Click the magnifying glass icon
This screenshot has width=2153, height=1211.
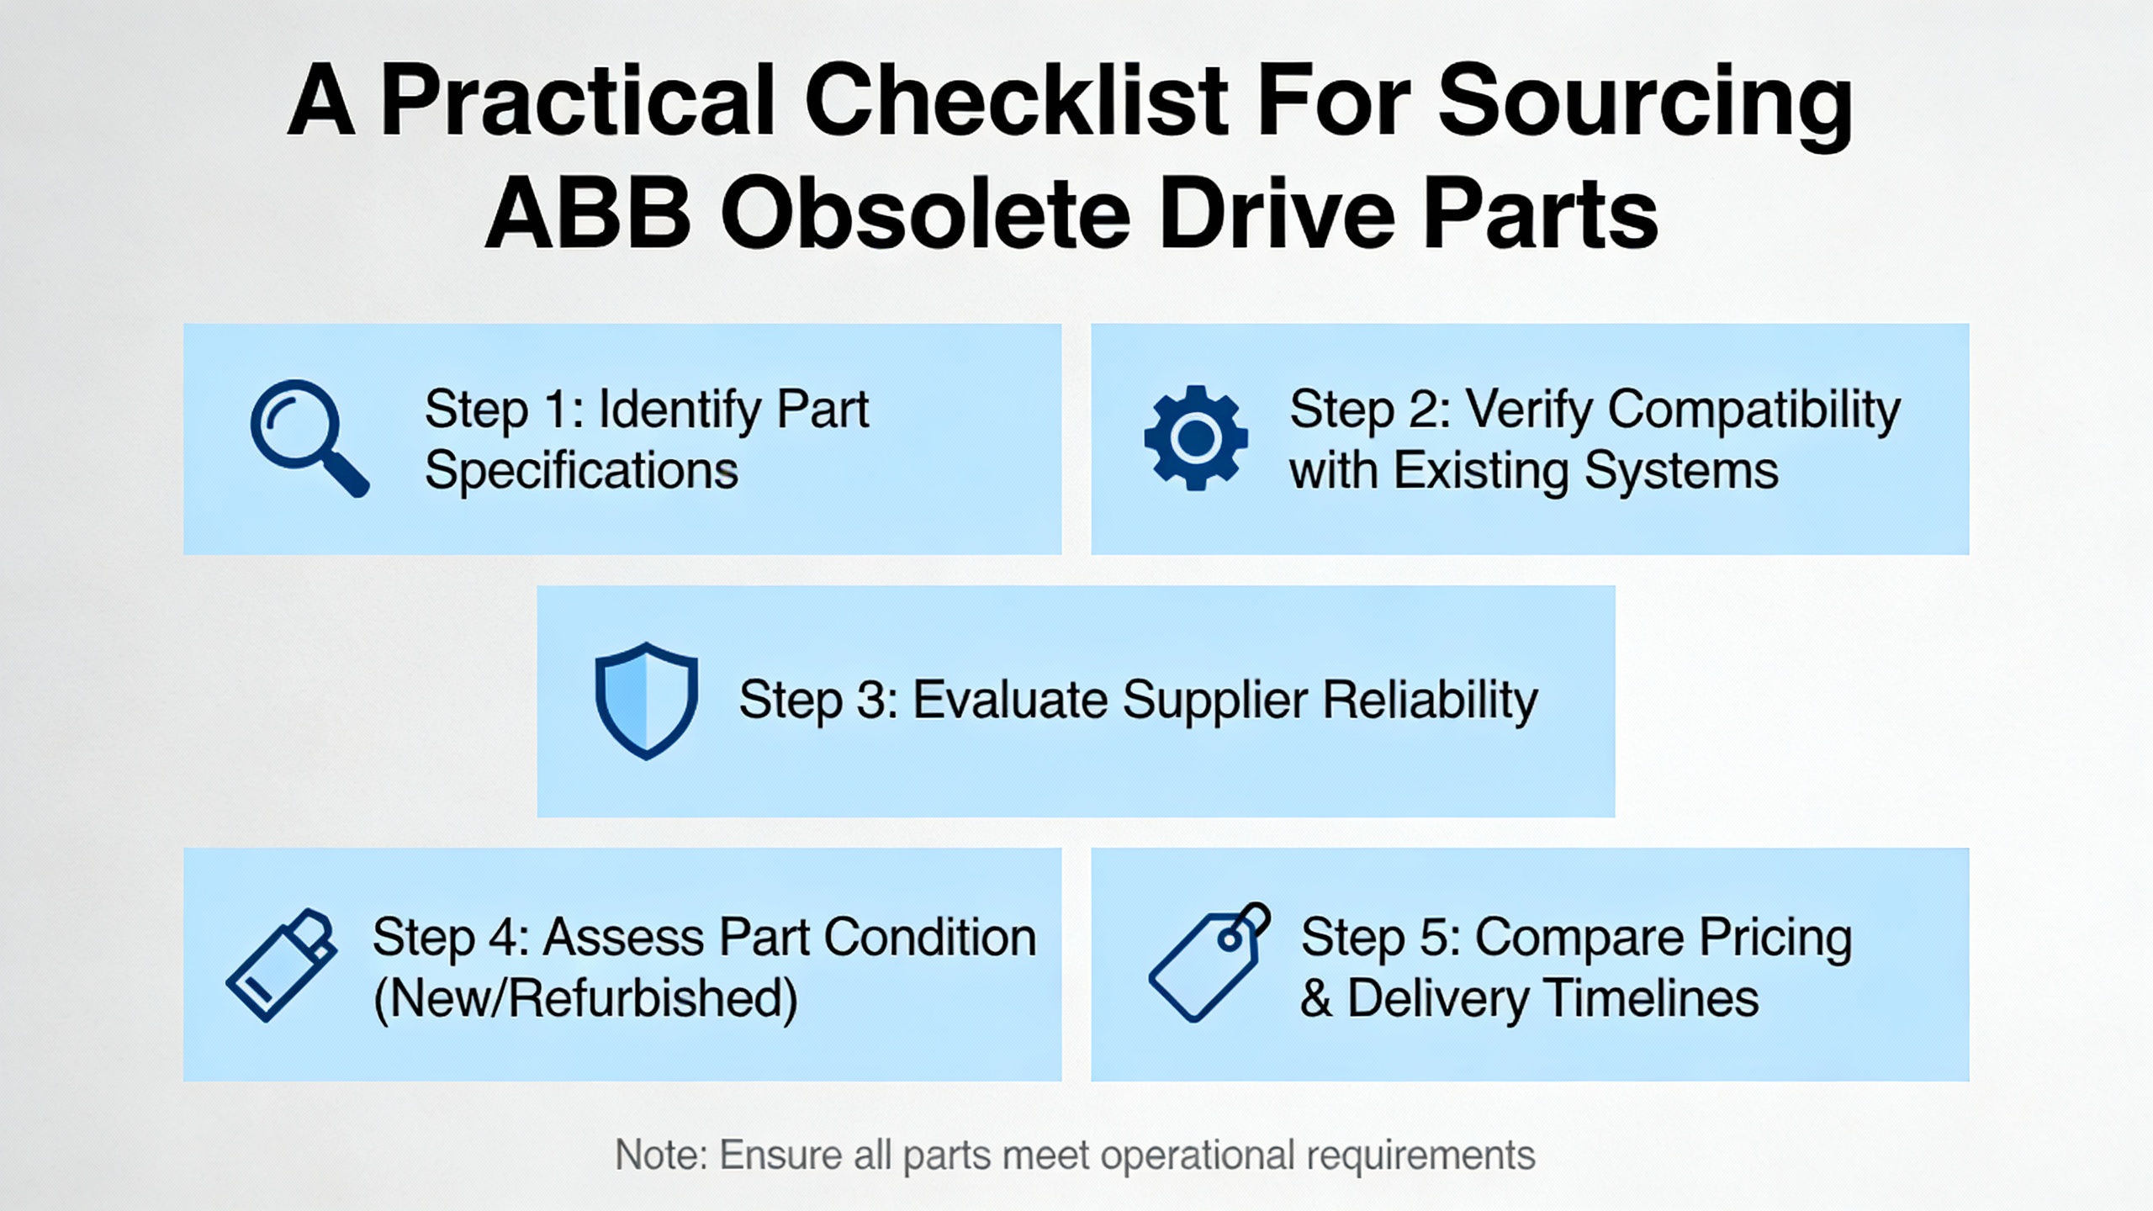coord(307,436)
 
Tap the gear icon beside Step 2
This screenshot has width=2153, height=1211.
coord(1195,437)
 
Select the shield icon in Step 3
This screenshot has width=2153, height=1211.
coord(646,701)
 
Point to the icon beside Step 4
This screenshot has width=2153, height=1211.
coord(282,965)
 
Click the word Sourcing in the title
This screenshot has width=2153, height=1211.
coord(1644,103)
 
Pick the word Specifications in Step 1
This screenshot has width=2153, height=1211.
coord(581,470)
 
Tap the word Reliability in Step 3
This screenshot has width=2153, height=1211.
coord(1430,701)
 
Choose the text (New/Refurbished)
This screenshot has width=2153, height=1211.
coord(585,999)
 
